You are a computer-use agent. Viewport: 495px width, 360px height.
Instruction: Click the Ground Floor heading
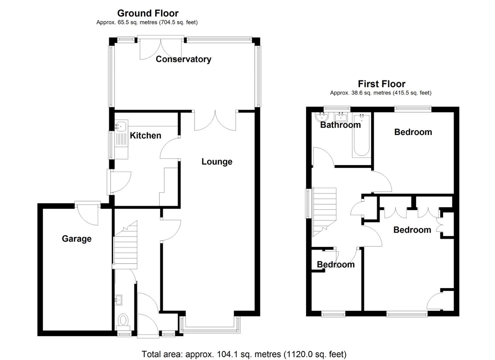point(148,13)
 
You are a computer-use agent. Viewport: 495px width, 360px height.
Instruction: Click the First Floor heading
point(381,84)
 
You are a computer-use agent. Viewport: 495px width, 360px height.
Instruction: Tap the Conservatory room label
point(183,59)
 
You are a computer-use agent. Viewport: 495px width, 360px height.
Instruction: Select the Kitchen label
point(145,136)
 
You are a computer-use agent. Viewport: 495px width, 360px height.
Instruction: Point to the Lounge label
point(217,162)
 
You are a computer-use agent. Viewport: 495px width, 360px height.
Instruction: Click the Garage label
point(77,239)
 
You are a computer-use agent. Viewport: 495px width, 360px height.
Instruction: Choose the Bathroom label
point(340,125)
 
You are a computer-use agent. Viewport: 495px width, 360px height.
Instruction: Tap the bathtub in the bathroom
point(361,135)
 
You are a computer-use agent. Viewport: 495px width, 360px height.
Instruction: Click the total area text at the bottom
point(244,354)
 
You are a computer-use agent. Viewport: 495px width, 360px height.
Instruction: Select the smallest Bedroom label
point(336,265)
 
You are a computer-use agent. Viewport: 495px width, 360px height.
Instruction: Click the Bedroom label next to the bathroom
point(413,132)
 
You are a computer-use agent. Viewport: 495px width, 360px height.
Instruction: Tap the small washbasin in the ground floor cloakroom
point(118,300)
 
